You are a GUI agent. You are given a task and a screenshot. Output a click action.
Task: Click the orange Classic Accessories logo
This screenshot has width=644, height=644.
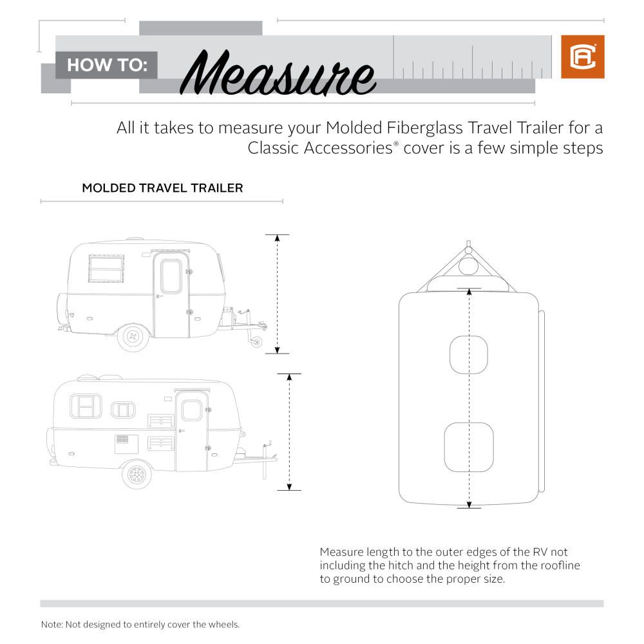coord(582,57)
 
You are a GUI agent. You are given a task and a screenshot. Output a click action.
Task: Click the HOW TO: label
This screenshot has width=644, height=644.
coord(107,65)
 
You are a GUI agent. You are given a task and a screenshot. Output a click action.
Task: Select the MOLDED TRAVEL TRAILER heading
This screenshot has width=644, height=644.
coord(162,189)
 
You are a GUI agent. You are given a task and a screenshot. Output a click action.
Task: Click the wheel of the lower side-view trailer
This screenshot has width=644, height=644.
coord(137,475)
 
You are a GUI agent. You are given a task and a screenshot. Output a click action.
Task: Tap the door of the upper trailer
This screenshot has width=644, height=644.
coord(171,294)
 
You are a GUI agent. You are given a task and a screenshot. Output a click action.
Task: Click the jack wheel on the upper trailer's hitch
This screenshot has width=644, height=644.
coord(256,342)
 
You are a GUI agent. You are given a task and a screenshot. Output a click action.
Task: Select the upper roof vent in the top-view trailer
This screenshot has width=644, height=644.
coord(468,354)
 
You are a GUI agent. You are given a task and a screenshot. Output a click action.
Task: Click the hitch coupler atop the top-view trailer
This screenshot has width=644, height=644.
coord(469,247)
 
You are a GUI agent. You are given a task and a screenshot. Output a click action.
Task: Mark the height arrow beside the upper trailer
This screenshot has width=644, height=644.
coord(277,294)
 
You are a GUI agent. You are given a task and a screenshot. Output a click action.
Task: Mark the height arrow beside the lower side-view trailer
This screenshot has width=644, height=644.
coord(290,431)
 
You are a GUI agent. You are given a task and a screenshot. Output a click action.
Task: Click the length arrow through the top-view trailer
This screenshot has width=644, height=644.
coord(469,399)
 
